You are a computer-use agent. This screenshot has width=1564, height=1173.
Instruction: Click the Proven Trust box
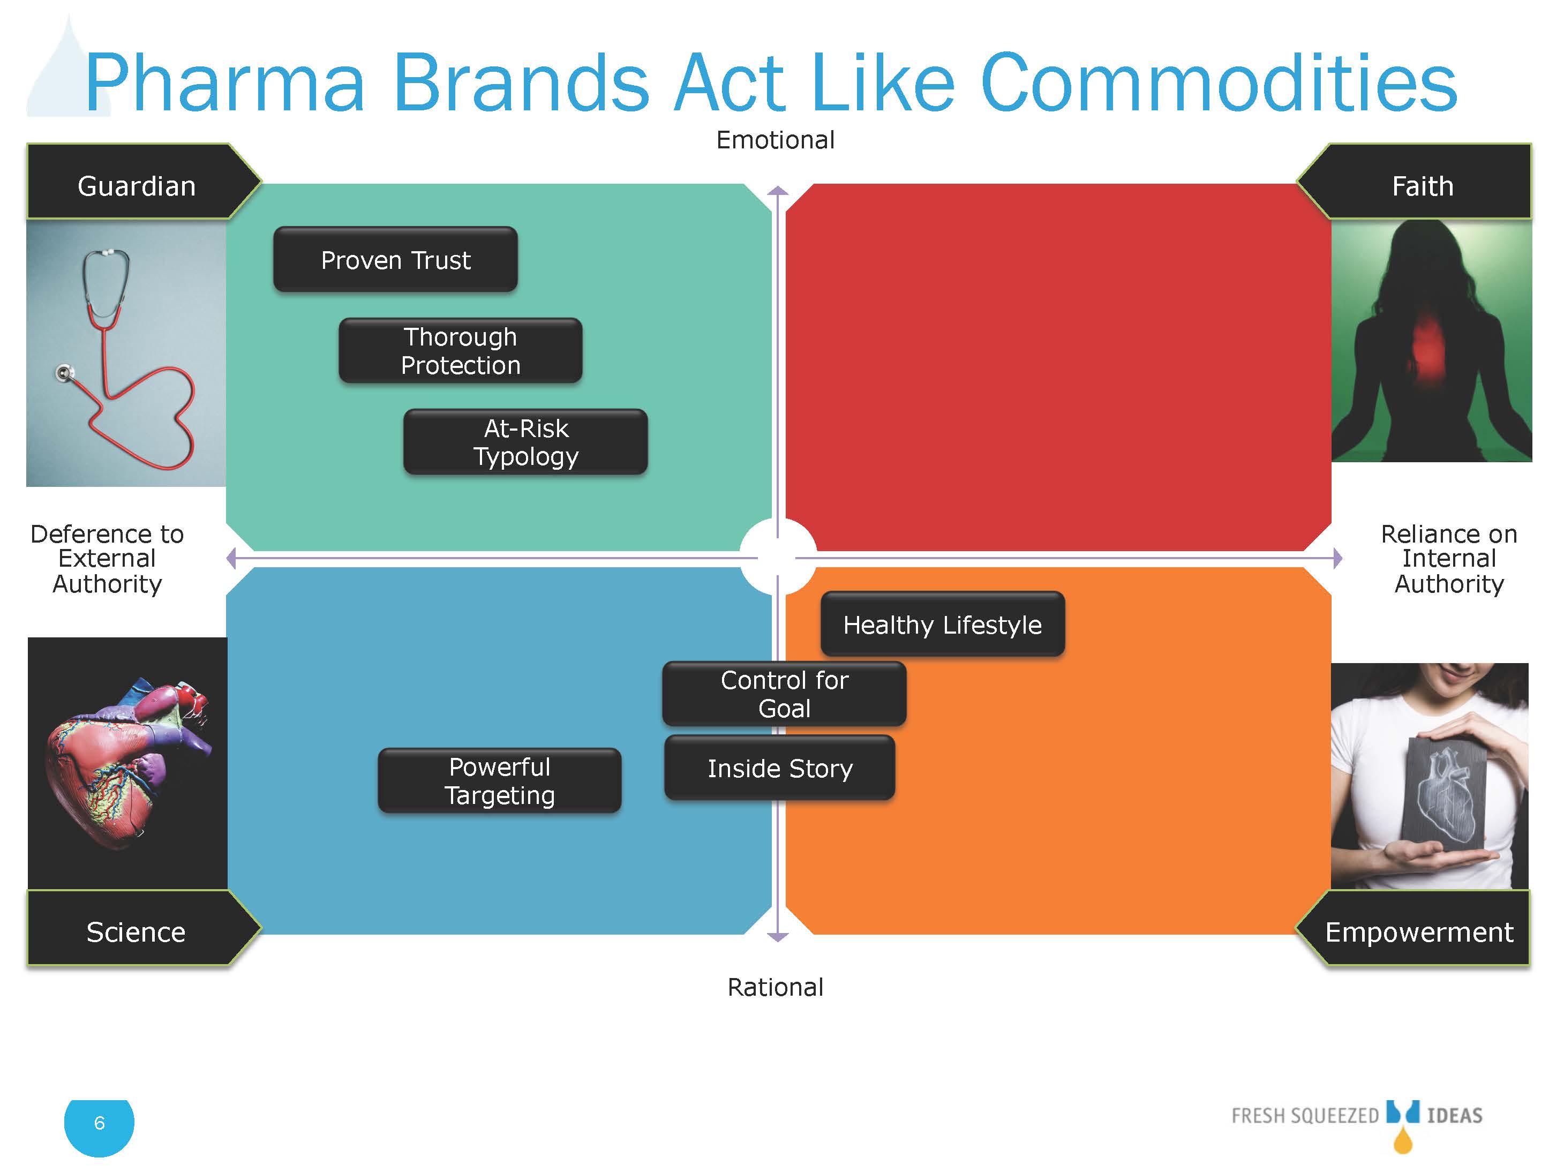[x=395, y=259]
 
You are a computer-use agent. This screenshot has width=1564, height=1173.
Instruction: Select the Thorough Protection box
[x=460, y=351]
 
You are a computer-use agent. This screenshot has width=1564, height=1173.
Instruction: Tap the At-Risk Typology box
[x=525, y=442]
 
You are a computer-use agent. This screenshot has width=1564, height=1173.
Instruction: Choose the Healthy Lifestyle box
[x=943, y=625]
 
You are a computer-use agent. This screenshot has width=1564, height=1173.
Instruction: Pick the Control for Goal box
[x=784, y=694]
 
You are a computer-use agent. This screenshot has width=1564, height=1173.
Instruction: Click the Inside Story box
[x=780, y=768]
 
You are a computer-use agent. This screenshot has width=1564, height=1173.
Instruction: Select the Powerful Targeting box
[x=500, y=780]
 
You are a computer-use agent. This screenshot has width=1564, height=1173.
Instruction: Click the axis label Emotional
[x=776, y=140]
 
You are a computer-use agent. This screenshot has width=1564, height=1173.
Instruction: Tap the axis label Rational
[x=776, y=987]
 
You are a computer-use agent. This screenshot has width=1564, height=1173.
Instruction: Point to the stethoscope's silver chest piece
[x=65, y=373]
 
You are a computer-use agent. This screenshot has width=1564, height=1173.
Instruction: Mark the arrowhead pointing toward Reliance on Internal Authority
[x=1337, y=559]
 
